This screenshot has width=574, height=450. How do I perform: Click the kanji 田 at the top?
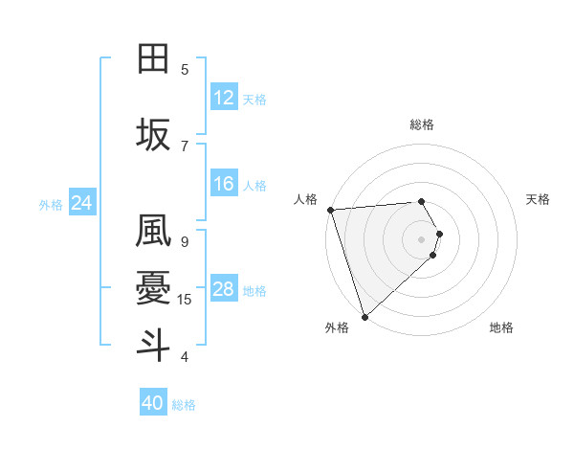(154, 58)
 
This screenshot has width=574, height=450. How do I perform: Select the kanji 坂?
(154, 135)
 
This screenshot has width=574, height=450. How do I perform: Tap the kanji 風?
(154, 232)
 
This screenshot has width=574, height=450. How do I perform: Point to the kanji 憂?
(154, 287)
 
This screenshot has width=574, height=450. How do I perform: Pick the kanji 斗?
(154, 344)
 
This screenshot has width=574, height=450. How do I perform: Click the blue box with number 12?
(224, 98)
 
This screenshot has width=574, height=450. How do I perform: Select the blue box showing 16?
(224, 185)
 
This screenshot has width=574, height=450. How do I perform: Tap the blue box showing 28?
(224, 290)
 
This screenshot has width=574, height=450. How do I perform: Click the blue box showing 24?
(82, 203)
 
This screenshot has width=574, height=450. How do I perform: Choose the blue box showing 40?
(153, 403)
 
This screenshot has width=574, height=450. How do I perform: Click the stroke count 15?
(185, 300)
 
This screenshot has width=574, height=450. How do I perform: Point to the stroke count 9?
(185, 241)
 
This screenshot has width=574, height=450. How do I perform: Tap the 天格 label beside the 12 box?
(254, 99)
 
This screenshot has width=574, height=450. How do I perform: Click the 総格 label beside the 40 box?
(184, 405)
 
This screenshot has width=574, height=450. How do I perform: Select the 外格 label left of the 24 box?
(51, 204)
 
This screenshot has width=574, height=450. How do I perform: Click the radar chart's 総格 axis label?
(422, 124)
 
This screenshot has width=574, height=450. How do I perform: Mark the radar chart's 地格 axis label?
(501, 328)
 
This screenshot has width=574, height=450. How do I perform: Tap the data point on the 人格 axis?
(330, 210)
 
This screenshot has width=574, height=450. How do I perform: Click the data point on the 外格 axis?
(364, 316)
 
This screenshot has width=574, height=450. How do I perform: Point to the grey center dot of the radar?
(422, 238)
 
